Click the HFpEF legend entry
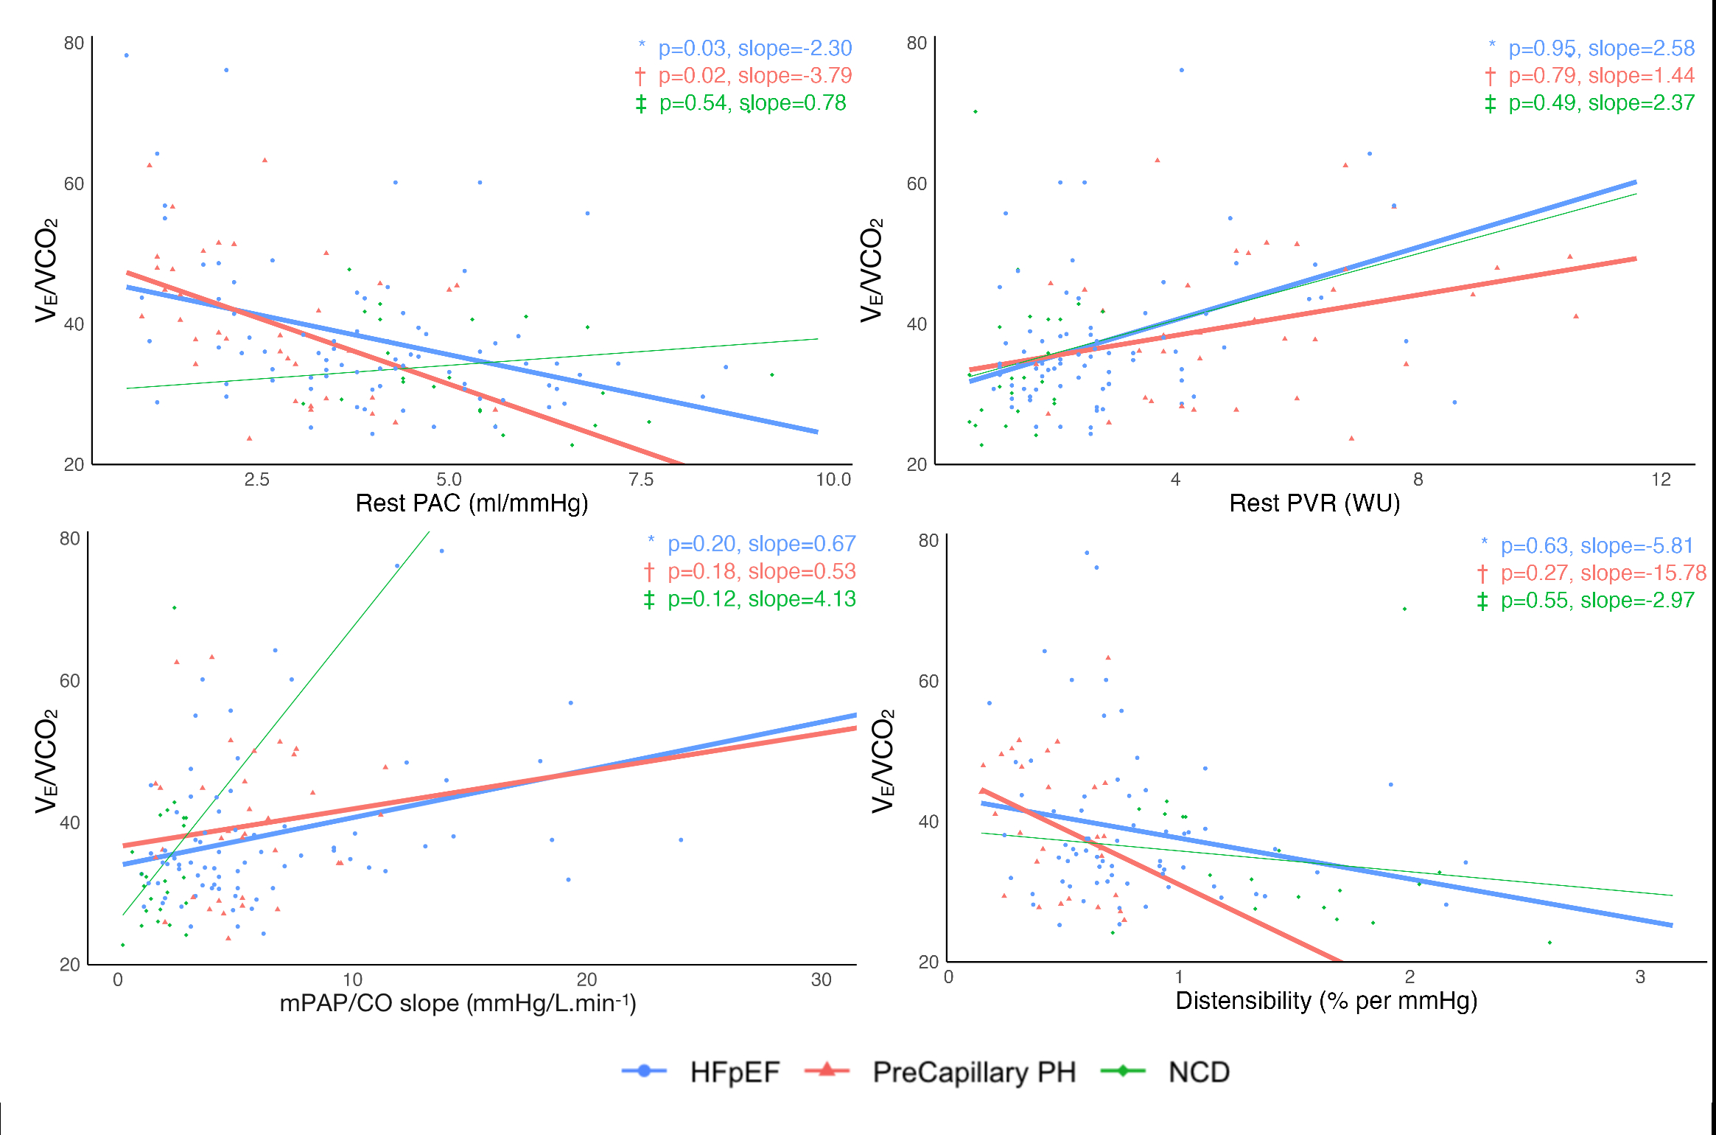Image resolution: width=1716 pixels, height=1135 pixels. tap(734, 1072)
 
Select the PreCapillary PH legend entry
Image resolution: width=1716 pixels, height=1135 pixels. tap(973, 1072)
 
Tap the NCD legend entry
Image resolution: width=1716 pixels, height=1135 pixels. tap(1199, 1072)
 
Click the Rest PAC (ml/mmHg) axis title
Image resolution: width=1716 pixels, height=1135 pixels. tap(472, 503)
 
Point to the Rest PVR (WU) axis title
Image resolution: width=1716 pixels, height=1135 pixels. tap(1314, 503)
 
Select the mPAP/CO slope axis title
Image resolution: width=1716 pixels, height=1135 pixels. tap(458, 1003)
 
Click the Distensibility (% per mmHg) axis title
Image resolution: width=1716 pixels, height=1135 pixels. tap(1326, 1001)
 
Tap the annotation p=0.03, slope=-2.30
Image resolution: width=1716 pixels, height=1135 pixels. tap(754, 49)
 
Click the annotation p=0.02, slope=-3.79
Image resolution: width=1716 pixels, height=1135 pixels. tap(754, 76)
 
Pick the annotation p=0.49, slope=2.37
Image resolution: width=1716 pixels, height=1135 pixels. tap(1601, 103)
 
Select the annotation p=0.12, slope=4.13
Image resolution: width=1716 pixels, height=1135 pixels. tap(761, 599)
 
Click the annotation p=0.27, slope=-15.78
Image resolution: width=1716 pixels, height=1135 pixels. tap(1603, 573)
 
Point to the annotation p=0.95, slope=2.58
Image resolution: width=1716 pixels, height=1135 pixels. tap(1601, 49)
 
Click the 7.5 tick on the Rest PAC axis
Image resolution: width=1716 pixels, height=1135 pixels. tap(641, 480)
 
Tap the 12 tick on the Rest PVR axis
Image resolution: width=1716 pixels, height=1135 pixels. tap(1661, 480)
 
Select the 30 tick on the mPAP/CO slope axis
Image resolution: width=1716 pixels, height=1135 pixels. tap(821, 979)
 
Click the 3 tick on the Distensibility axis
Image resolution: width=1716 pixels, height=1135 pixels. tap(1640, 977)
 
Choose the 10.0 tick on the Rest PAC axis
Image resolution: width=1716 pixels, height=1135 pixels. tap(833, 480)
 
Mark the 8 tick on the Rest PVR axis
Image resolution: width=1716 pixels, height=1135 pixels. tap(1418, 480)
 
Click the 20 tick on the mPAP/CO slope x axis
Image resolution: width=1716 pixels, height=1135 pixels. tap(586, 979)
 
